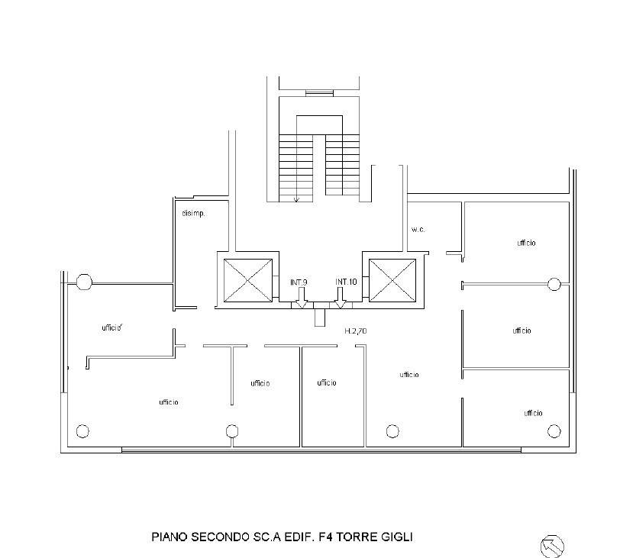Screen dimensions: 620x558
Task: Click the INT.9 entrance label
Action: coord(299,282)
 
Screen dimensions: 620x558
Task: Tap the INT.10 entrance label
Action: coord(346,282)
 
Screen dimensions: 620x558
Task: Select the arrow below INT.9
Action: coord(302,298)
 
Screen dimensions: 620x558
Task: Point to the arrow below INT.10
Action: coord(340,298)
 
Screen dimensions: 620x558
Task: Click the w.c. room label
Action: coord(418,229)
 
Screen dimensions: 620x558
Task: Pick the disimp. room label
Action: coord(193,214)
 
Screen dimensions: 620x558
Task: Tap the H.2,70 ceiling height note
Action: coord(356,331)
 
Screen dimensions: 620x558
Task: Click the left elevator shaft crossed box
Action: coord(248,280)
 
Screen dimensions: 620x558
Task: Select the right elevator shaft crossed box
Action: coord(392,280)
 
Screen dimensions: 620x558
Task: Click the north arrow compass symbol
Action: coord(551,546)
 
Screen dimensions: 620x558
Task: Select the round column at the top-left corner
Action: coord(84,282)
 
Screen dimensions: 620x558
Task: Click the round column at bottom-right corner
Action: coord(554,431)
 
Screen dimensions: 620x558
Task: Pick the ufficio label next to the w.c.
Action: coord(526,243)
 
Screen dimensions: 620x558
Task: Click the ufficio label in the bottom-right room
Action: coord(533,414)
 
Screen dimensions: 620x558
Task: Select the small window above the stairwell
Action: coord(319,93)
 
